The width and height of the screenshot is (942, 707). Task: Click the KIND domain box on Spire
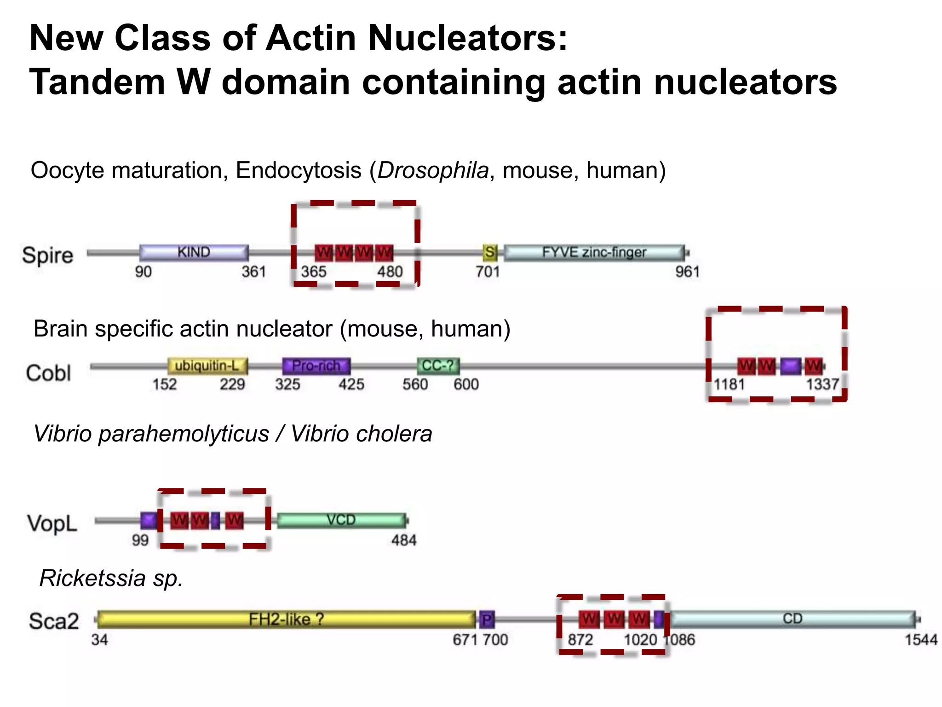click(x=194, y=252)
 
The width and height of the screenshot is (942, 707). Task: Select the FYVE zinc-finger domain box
click(x=594, y=252)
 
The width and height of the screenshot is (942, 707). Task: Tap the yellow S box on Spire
click(x=490, y=252)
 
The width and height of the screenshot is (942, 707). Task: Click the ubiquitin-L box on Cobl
click(x=207, y=366)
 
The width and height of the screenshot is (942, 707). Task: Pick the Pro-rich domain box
click(x=316, y=366)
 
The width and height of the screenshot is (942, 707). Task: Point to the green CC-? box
click(x=438, y=366)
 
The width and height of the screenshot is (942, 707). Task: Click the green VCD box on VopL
click(x=341, y=520)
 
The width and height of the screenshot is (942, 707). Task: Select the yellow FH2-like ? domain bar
click(x=286, y=620)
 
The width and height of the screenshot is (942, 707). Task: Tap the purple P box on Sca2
click(x=487, y=620)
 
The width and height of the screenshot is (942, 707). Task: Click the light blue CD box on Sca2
click(x=792, y=619)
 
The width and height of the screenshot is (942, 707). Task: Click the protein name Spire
click(x=48, y=255)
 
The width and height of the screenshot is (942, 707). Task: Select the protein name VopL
click(x=52, y=523)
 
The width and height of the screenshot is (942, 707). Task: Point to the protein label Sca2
click(x=54, y=621)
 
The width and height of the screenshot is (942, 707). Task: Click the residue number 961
click(x=687, y=272)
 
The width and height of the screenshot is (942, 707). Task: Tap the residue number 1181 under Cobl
click(x=729, y=384)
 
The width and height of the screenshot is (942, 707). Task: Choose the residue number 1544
click(x=921, y=640)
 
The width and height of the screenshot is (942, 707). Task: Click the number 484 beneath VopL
click(x=404, y=540)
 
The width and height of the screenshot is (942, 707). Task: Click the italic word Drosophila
click(x=433, y=170)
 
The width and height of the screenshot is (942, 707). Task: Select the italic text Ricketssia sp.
click(x=111, y=578)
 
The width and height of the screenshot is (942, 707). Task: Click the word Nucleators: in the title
click(x=468, y=38)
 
